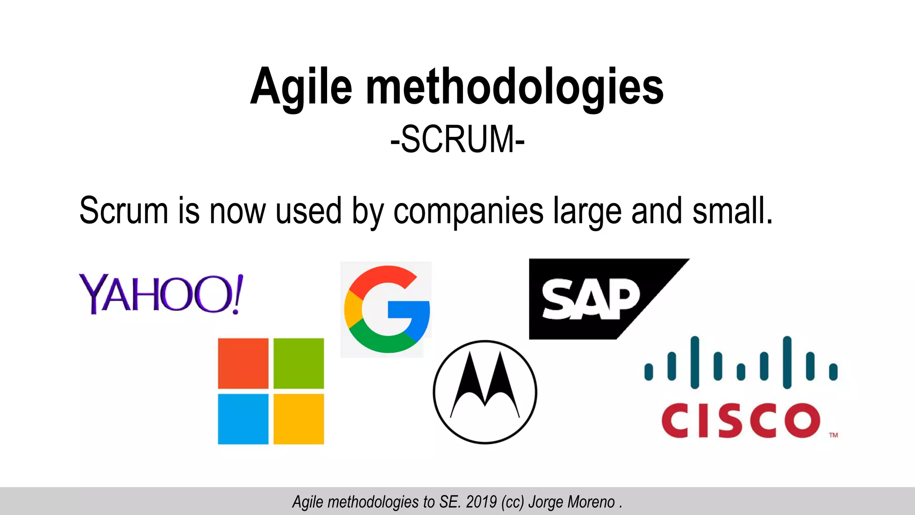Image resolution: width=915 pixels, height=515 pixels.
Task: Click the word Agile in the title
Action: [x=301, y=88]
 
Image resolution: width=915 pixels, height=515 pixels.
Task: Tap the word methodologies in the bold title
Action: [x=515, y=88]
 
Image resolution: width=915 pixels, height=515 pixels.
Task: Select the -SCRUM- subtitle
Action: [x=457, y=139]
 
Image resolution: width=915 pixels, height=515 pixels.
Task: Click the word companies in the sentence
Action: [x=468, y=211]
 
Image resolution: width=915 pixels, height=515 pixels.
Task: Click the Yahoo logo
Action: [x=161, y=294]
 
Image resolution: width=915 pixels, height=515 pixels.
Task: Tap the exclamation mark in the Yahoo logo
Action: [x=238, y=294]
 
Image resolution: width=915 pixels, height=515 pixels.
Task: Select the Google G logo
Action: [x=387, y=309]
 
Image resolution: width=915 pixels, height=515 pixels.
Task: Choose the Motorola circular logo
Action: [x=485, y=392]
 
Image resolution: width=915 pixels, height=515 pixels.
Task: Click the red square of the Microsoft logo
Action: [x=243, y=363]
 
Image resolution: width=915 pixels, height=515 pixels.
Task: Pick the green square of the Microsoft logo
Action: [x=298, y=363]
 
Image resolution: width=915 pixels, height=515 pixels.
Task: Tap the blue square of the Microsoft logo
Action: [x=243, y=419]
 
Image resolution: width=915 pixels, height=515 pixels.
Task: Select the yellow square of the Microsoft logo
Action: [x=298, y=419]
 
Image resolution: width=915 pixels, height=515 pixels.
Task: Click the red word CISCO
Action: [x=741, y=420]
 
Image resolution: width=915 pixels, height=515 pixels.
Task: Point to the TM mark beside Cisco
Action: [x=834, y=435]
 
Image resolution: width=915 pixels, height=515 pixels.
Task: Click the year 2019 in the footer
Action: [x=481, y=502]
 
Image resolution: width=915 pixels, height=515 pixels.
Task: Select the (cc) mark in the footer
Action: [x=512, y=502]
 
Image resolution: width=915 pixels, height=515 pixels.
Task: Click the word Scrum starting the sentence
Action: [x=123, y=211]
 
